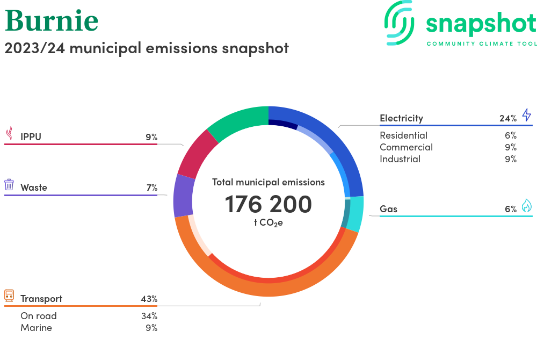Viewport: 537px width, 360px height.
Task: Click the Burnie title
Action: point(52,20)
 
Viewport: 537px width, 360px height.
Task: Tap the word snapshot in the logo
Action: point(481,24)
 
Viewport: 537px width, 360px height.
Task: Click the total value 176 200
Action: point(268,204)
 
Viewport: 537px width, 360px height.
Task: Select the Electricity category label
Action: point(401,118)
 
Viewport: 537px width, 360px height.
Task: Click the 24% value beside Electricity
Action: point(507,118)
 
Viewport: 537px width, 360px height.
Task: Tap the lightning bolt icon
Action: point(526,115)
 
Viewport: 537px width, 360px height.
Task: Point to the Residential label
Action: point(403,135)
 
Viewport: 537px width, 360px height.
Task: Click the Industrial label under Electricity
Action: point(400,159)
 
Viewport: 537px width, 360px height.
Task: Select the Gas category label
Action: point(388,209)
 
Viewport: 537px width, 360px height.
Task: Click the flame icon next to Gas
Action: point(526,206)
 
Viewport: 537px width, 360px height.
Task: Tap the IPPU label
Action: point(31,137)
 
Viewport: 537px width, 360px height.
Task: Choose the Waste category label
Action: point(34,188)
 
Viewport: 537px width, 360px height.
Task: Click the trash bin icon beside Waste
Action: point(9,185)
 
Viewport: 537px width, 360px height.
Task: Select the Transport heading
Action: point(41,299)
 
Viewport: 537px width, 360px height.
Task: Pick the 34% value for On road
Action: point(149,316)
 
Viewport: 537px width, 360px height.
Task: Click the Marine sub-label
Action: point(36,328)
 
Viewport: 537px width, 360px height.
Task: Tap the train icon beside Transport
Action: point(9,296)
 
